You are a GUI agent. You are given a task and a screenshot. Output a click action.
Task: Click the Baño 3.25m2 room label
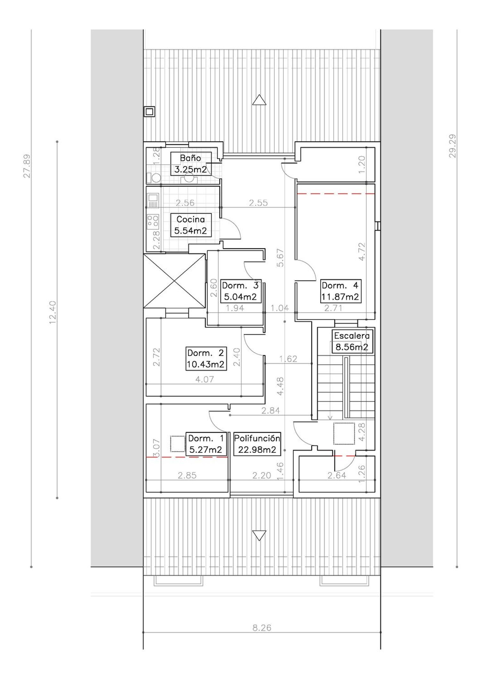[191, 164]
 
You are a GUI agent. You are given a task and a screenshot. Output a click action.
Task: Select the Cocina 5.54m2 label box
[191, 225]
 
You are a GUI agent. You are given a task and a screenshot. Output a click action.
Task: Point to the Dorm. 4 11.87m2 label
[340, 291]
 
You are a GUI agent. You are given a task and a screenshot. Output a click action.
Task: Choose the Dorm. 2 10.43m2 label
[206, 359]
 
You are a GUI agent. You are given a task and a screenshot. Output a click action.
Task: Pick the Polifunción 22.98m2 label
[257, 444]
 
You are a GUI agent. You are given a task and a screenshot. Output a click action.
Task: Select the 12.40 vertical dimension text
[53, 312]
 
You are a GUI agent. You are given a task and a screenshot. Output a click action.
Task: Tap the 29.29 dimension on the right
[452, 146]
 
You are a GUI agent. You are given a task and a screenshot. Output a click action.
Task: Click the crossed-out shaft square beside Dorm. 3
[174, 281]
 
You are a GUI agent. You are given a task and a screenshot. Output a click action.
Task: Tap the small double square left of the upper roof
[149, 112]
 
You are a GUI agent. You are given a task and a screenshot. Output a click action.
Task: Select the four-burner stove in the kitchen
[153, 222]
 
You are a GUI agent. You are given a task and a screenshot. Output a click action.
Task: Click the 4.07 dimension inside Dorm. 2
[205, 380]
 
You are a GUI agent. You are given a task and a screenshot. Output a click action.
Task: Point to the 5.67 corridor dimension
[280, 258]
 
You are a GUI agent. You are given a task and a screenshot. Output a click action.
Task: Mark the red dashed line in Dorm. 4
[336, 194]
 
